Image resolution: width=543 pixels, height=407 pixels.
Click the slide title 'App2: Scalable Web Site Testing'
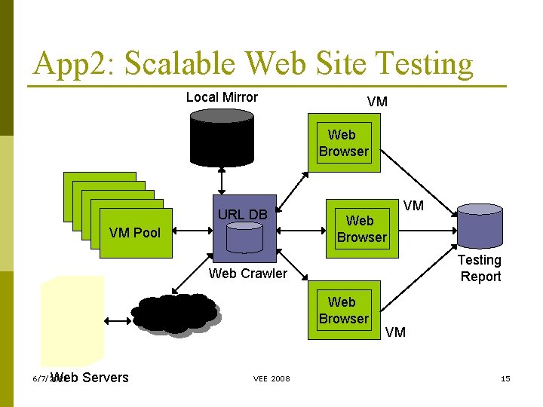(253, 65)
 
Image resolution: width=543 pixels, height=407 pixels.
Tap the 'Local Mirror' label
(222, 97)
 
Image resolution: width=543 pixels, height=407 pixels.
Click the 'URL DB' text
(242, 215)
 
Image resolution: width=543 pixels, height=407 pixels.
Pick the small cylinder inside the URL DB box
(244, 238)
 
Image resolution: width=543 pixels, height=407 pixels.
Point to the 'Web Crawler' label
(247, 274)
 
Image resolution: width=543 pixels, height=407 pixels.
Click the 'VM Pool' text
(135, 233)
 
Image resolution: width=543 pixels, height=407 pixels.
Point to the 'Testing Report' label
(480, 268)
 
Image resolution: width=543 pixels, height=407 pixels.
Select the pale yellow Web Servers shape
(72, 320)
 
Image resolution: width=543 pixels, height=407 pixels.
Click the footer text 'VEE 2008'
(271, 378)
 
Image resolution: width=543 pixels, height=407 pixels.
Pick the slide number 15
(505, 378)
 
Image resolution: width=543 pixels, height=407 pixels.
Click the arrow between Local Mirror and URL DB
(222, 181)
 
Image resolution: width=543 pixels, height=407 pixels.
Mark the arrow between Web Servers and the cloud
(118, 320)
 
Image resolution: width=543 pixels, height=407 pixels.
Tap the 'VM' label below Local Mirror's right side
(377, 102)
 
